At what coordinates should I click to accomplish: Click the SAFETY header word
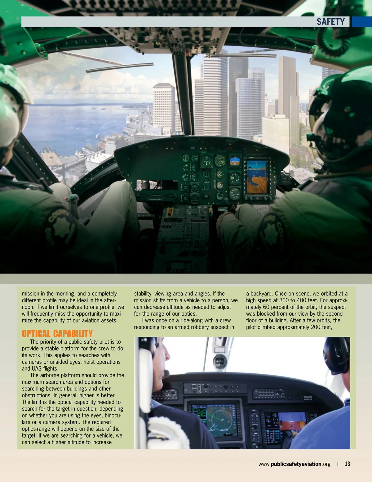[330, 22]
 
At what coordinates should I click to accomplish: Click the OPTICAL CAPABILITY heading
[57, 334]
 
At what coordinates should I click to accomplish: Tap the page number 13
[348, 464]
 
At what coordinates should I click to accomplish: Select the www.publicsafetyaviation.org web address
[294, 464]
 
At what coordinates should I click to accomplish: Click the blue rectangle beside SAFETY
[362, 22]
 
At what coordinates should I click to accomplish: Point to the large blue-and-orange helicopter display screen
[257, 177]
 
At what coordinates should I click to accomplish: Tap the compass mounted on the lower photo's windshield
[220, 361]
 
